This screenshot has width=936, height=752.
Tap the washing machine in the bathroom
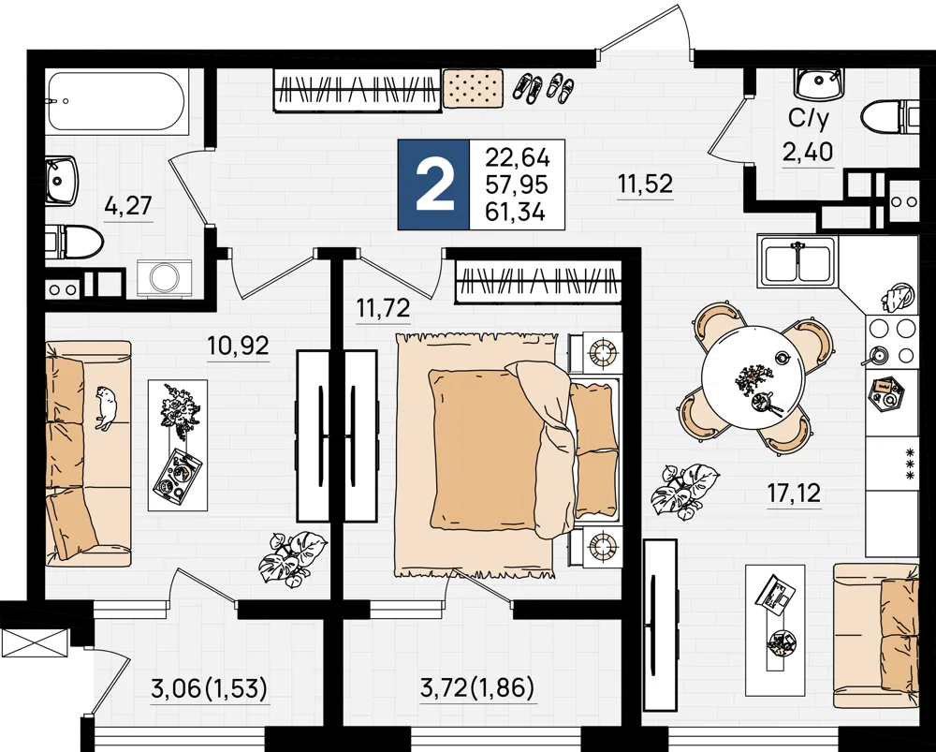coord(164,278)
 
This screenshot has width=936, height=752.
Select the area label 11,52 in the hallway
coord(645,183)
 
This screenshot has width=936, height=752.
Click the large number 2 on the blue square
coord(434,184)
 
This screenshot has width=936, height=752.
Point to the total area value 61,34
coord(516,212)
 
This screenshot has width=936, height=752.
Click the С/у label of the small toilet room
coord(809,120)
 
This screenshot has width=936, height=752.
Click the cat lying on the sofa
coord(107,406)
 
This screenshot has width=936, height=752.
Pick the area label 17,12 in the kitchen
coord(794,494)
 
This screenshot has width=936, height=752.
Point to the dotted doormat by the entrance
coord(473,88)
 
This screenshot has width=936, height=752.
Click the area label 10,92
coord(238,346)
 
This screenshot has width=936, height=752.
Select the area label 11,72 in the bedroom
coord(383,308)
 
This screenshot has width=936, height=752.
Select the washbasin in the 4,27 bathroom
coord(62,181)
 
